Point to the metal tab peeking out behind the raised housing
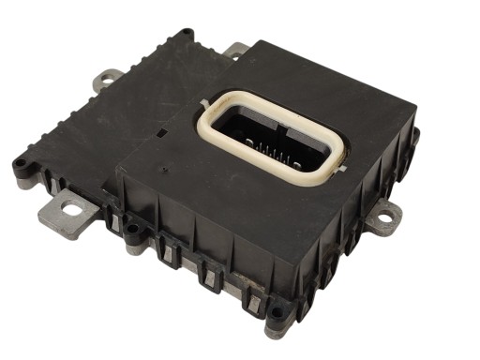pyautogui.click(x=235, y=49)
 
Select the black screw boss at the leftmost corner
pyautogui.click(x=18, y=166)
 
